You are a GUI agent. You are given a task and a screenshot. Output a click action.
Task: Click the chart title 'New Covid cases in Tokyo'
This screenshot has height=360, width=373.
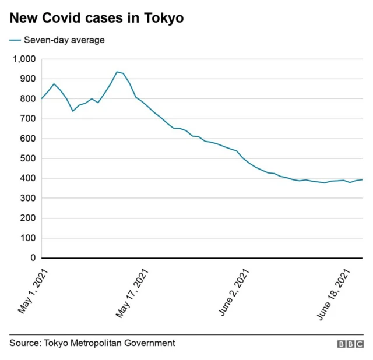click(x=96, y=19)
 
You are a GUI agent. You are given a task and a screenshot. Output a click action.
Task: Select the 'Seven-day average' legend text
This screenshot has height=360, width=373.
click(x=64, y=40)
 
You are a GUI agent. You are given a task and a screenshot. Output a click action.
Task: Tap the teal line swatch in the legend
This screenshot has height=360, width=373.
click(x=15, y=40)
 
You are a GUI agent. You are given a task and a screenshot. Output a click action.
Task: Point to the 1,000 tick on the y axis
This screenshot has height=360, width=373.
click(x=24, y=59)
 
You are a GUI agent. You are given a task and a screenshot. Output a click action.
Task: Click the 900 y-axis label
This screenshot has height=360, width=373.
click(x=27, y=79)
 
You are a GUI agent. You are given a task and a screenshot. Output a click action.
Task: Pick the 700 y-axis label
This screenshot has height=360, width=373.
click(x=27, y=119)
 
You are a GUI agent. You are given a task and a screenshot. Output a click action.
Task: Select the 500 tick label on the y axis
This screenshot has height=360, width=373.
click(x=27, y=158)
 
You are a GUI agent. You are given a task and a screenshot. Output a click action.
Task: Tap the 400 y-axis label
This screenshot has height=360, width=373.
click(x=27, y=178)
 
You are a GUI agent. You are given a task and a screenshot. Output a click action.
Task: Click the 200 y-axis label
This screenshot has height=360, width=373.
click(x=27, y=218)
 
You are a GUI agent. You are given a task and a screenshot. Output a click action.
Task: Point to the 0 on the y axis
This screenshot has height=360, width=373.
click(x=33, y=258)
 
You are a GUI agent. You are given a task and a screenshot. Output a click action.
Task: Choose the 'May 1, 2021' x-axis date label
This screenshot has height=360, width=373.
click(x=33, y=291)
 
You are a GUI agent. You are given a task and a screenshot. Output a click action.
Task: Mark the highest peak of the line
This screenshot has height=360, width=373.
click(x=117, y=72)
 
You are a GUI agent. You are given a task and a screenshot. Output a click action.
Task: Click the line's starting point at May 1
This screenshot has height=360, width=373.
click(x=42, y=98)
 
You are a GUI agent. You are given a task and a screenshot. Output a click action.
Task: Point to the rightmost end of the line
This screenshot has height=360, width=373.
click(x=363, y=179)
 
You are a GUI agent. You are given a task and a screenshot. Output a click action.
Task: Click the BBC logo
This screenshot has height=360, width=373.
click(x=350, y=344)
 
